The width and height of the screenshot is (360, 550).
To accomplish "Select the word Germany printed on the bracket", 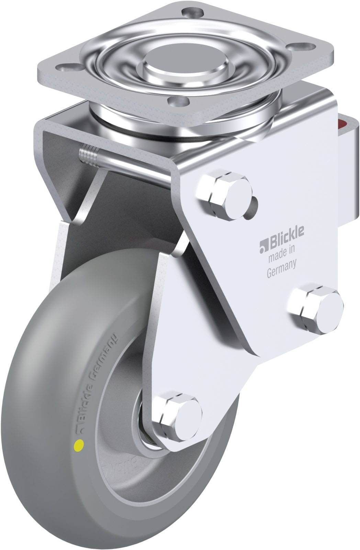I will pyautogui.click(x=281, y=264).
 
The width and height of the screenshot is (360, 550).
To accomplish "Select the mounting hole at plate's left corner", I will pyautogui.click(x=63, y=66).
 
